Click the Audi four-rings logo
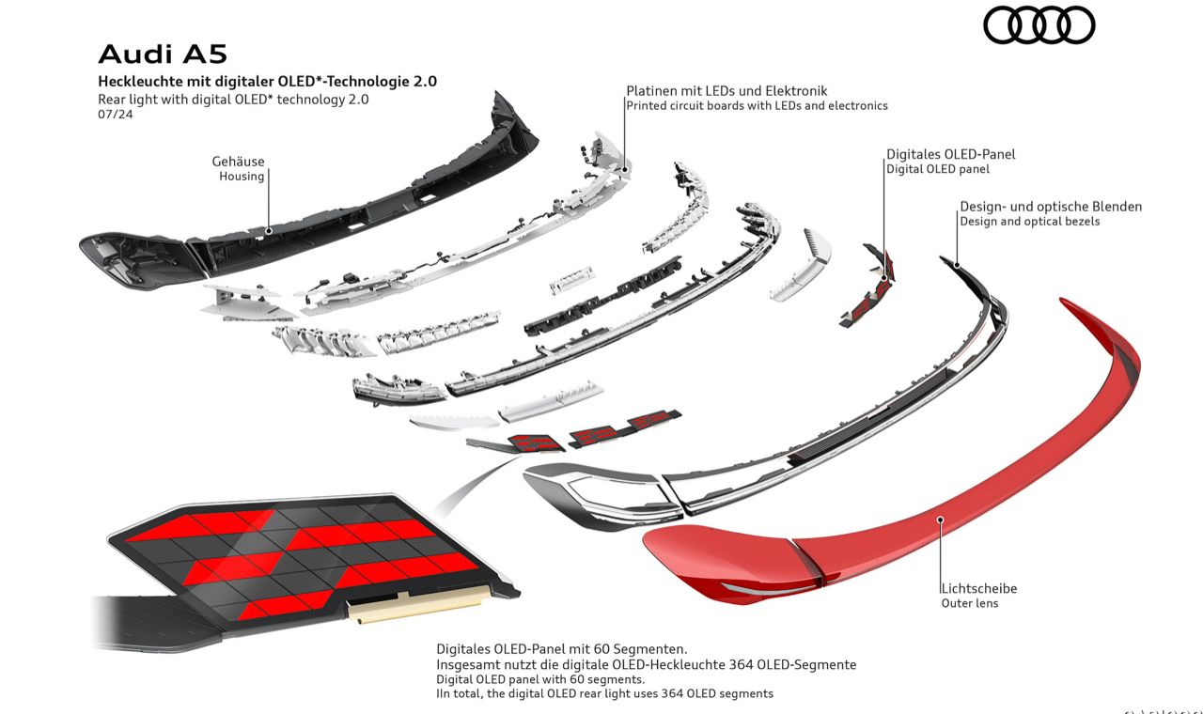click(x=1039, y=25)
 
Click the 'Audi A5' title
click(x=162, y=54)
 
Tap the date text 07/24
click(x=116, y=115)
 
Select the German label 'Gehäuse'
click(x=238, y=162)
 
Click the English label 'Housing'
click(x=242, y=177)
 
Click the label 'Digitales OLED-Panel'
click(x=950, y=154)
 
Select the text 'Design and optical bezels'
click(x=1029, y=222)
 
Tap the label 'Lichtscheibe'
click(x=979, y=588)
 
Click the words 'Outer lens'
click(x=970, y=603)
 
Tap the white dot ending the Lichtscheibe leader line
click(x=941, y=518)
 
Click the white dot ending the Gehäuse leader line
click(x=269, y=228)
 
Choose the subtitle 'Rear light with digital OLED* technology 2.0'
click(x=233, y=99)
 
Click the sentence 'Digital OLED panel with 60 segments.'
click(x=539, y=678)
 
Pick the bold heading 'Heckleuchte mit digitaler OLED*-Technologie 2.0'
click(x=267, y=82)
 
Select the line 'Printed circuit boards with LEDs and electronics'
click(x=757, y=106)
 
